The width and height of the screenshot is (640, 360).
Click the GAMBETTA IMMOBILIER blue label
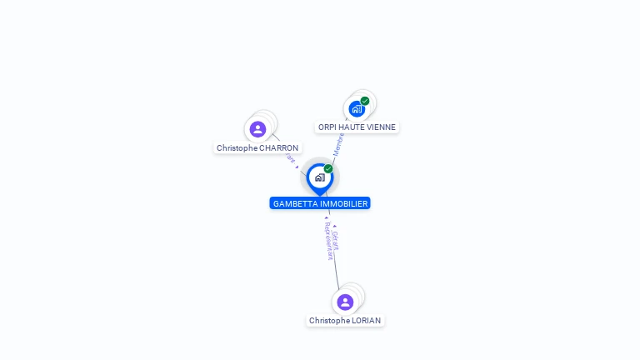click(320, 203)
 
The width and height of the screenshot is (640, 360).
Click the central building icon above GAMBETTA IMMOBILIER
click(319, 177)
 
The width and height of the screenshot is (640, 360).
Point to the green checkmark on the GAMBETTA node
click(328, 169)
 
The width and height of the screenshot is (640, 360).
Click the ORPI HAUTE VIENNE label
click(357, 127)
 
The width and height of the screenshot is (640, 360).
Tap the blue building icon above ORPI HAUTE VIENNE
click(357, 109)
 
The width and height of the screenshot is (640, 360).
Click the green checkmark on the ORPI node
click(365, 101)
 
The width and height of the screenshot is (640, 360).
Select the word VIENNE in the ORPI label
click(381, 127)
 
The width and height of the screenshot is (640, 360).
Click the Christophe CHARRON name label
click(257, 148)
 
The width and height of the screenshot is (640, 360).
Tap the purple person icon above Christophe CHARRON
click(257, 129)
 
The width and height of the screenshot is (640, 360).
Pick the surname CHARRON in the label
click(278, 148)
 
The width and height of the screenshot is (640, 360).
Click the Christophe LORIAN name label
click(345, 321)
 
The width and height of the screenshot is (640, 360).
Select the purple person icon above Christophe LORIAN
click(345, 302)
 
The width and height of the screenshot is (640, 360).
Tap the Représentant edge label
click(327, 242)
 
